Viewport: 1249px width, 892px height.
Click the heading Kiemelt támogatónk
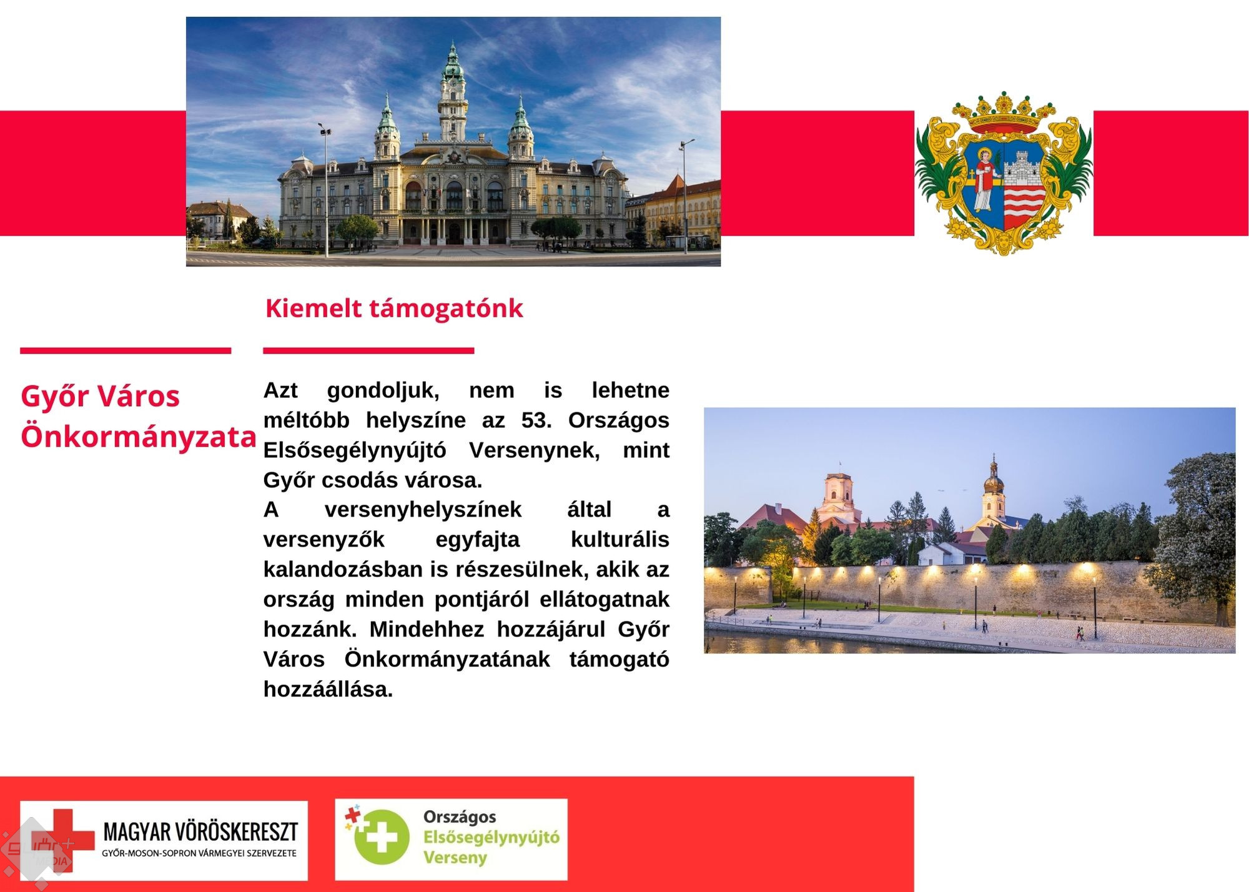pyautogui.click(x=394, y=309)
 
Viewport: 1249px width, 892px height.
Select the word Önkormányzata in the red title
pyautogui.click(x=139, y=437)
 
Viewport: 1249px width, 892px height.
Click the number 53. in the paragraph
pyautogui.click(x=536, y=420)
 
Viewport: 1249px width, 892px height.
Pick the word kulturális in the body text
pyautogui.click(x=620, y=540)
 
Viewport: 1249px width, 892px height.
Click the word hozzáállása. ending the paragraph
pyautogui.click(x=328, y=689)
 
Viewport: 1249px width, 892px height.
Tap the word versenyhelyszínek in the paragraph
pyautogui.click(x=423, y=510)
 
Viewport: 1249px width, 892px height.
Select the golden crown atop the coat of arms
pyautogui.click(x=1004, y=114)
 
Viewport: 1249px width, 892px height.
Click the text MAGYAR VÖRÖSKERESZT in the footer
pyautogui.click(x=200, y=831)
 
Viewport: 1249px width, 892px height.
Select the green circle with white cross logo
pyautogui.click(x=382, y=837)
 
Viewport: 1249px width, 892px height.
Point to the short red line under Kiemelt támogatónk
pyautogui.click(x=368, y=351)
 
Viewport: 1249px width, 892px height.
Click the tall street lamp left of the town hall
pyautogui.click(x=325, y=191)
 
